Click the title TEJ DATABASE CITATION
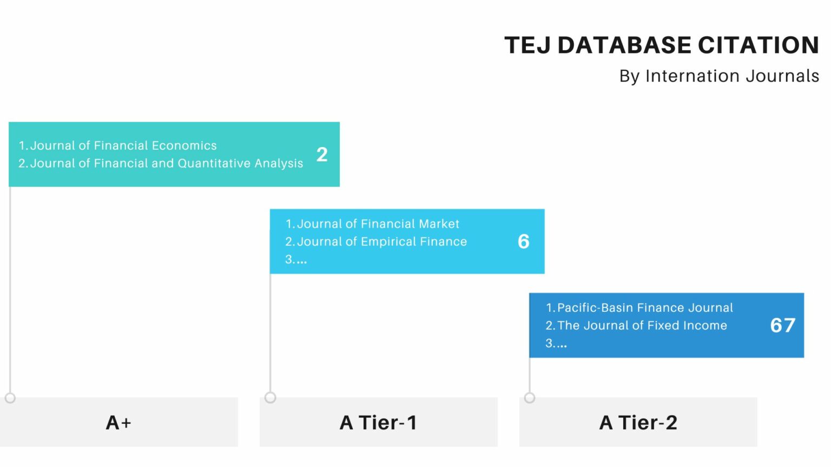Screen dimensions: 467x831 pyautogui.click(x=661, y=45)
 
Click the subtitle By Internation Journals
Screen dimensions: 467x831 pyautogui.click(x=719, y=76)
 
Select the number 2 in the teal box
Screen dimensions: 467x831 pyautogui.click(x=322, y=155)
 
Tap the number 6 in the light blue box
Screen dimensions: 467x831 pyautogui.click(x=523, y=242)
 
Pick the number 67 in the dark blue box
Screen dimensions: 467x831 pyautogui.click(x=782, y=325)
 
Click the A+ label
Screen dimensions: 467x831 pyautogui.click(x=118, y=423)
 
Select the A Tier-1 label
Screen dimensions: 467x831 pyautogui.click(x=378, y=423)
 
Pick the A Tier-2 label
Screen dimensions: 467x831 pyautogui.click(x=638, y=423)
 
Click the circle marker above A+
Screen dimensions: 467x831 pyautogui.click(x=10, y=398)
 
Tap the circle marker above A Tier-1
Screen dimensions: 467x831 pyautogui.click(x=271, y=398)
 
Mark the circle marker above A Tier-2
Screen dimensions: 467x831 pyautogui.click(x=530, y=398)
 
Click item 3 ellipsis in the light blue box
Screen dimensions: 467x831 pyautogui.click(x=296, y=260)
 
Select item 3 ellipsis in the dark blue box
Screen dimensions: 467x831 pyautogui.click(x=556, y=344)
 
